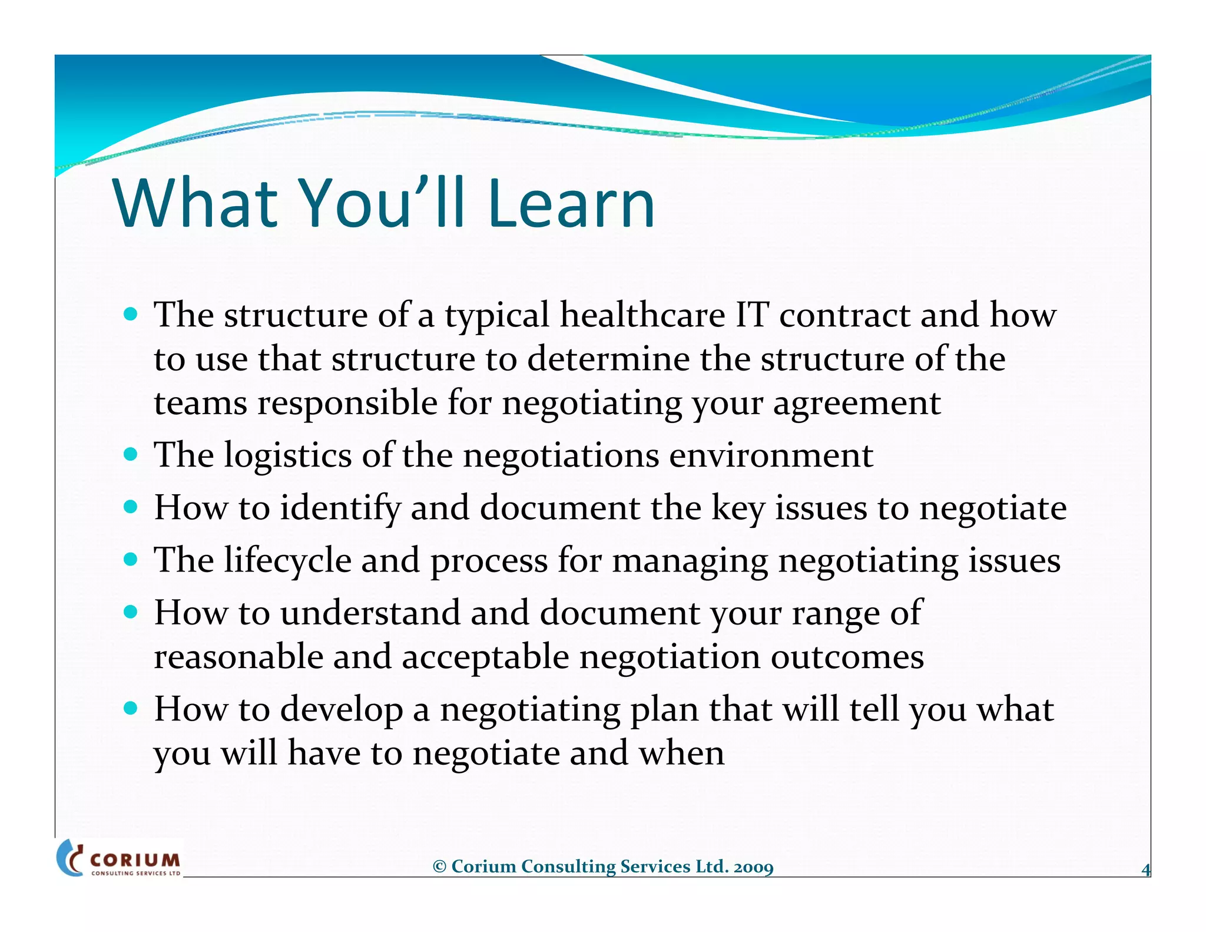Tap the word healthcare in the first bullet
[642, 315]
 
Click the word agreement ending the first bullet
[856, 404]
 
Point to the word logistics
[287, 456]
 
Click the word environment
[771, 456]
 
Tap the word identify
[340, 508]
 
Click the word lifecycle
[287, 560]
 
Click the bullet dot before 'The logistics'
[131, 455]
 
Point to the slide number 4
[1145, 870]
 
